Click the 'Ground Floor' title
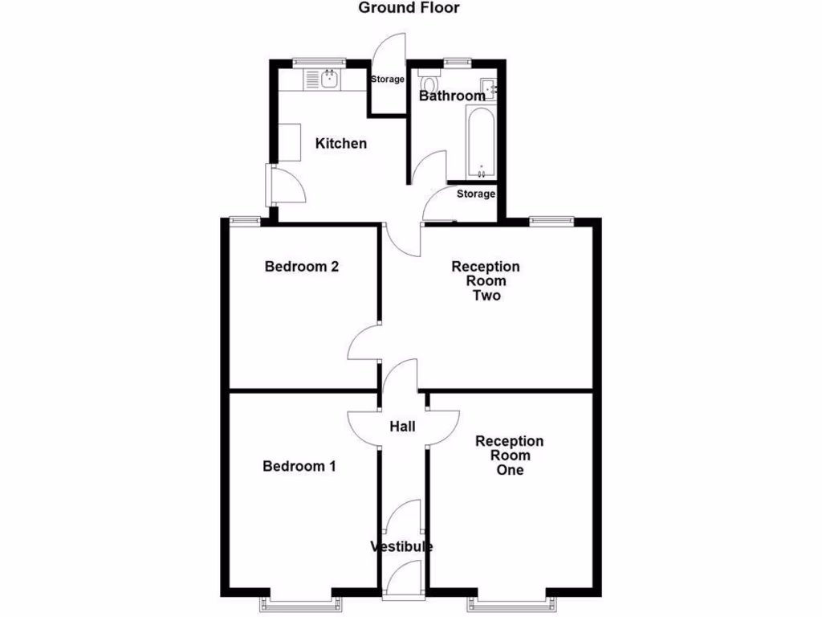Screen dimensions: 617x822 pyautogui.click(x=408, y=8)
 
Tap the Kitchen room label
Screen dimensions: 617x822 pyautogui.click(x=340, y=144)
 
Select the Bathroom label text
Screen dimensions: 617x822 pyautogui.click(x=452, y=96)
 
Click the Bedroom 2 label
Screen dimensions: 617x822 pyautogui.click(x=301, y=267)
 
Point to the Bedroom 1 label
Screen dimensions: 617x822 pyautogui.click(x=299, y=466)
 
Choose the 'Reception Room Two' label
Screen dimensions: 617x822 pyautogui.click(x=486, y=281)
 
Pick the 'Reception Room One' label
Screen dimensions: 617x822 pyautogui.click(x=509, y=456)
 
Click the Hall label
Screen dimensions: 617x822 pyautogui.click(x=402, y=426)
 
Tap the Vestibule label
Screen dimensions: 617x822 pyautogui.click(x=401, y=547)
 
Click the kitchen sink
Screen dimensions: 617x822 pyautogui.click(x=328, y=78)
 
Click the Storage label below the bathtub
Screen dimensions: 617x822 pyautogui.click(x=476, y=194)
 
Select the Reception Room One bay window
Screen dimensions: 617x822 pyautogui.click(x=509, y=599)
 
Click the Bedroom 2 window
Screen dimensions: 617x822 pyautogui.click(x=244, y=219)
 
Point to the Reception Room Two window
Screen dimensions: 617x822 pyautogui.click(x=551, y=219)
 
